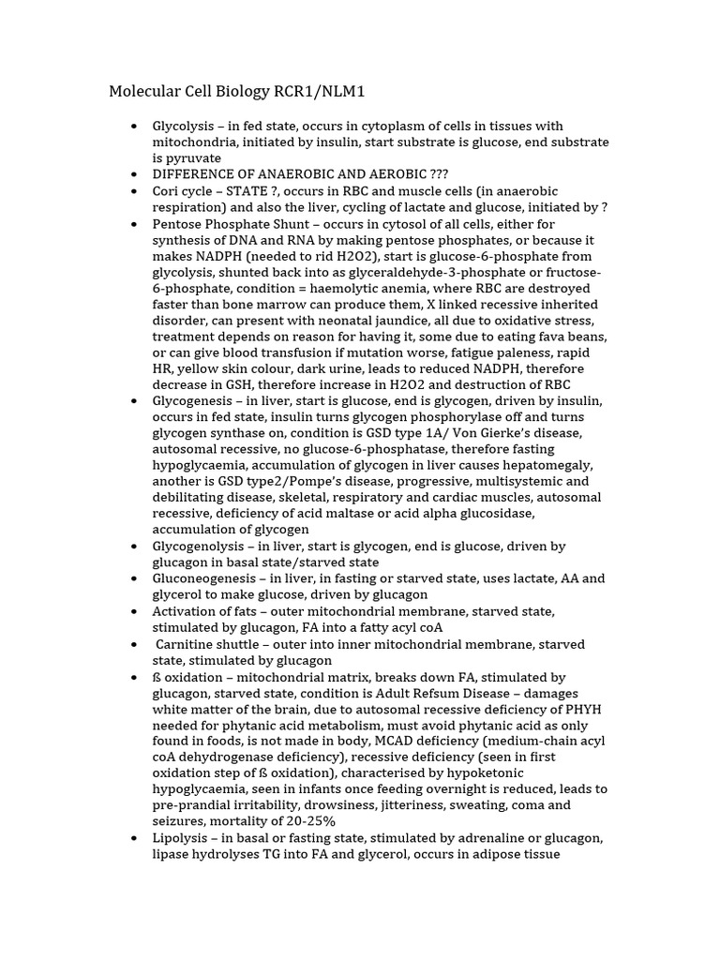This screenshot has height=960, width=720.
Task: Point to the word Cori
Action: tap(169, 190)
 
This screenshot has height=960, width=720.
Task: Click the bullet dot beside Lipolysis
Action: tap(133, 837)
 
